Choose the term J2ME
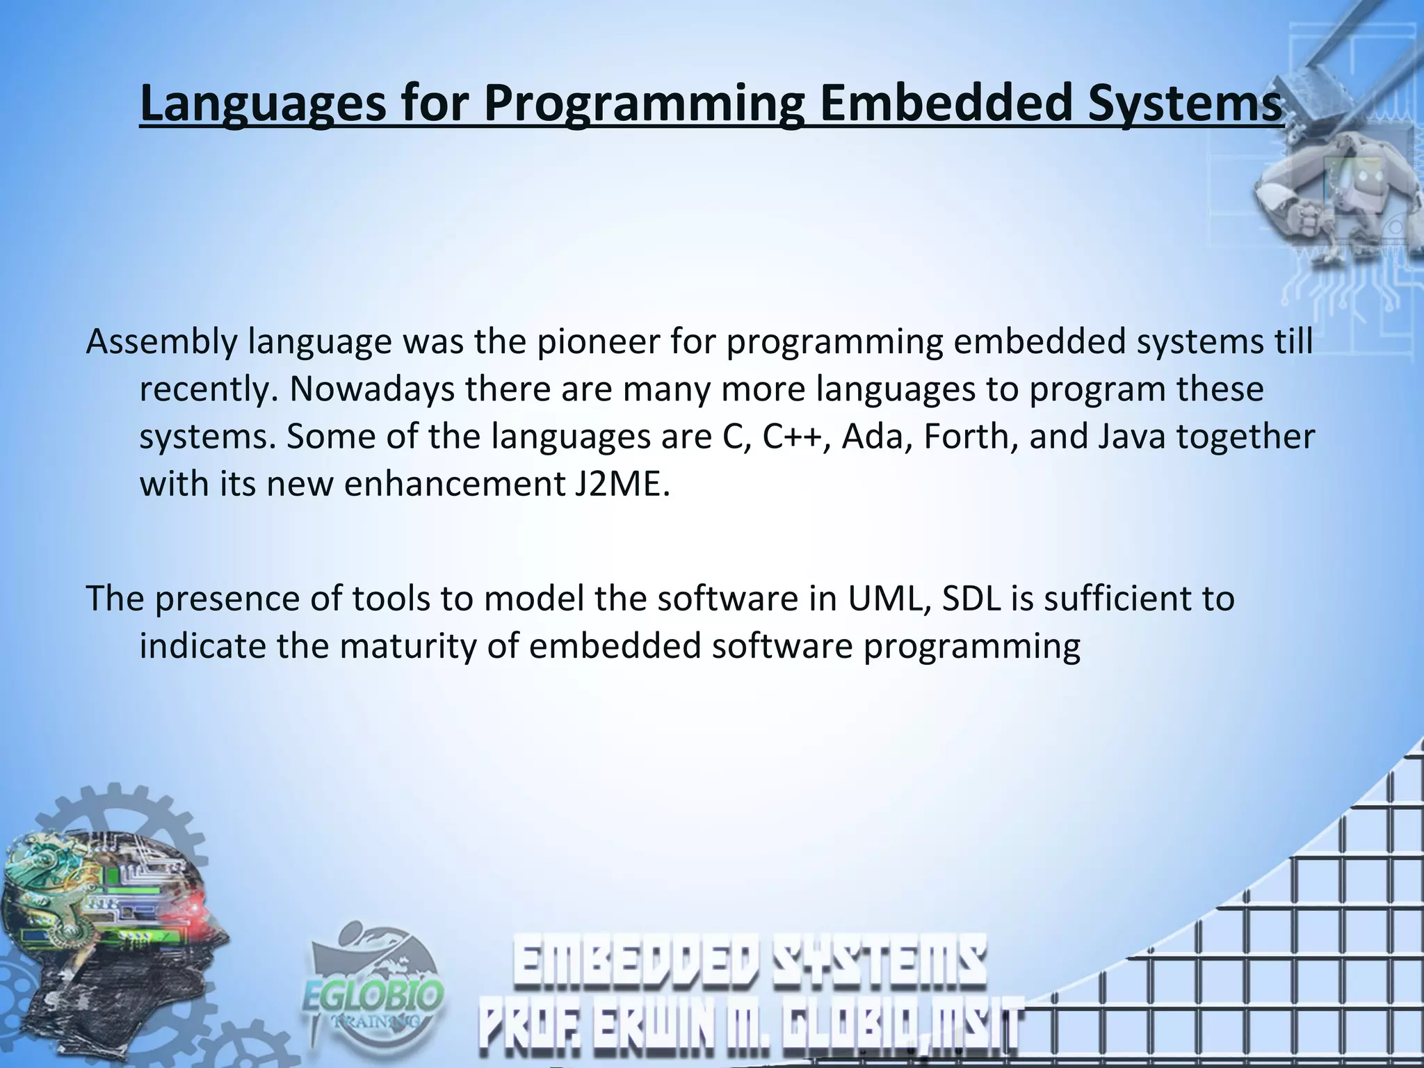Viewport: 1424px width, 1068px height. click(620, 484)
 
